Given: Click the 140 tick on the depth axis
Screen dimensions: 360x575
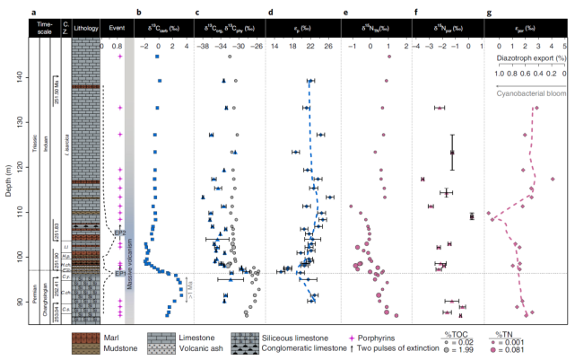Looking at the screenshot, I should pyautogui.click(x=27, y=78).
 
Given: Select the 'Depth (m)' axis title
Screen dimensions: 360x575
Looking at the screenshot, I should pyautogui.click(x=8, y=165).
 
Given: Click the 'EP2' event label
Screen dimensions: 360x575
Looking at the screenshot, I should pyautogui.click(x=118, y=233).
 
